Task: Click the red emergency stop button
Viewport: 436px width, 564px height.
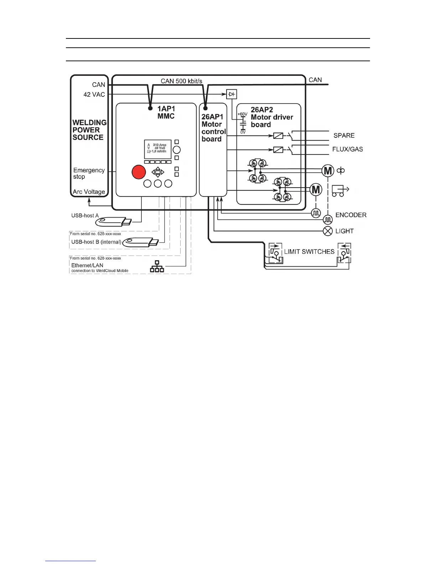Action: pos(139,172)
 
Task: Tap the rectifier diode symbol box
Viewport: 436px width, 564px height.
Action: pos(232,94)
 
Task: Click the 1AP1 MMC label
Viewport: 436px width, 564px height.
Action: pos(166,113)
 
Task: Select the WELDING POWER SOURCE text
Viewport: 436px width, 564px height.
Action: pos(89,130)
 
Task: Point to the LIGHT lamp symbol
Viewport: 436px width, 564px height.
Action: pos(328,231)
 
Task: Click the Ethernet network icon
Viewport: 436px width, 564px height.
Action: pos(157,266)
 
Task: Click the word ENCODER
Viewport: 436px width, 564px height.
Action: pos(351,215)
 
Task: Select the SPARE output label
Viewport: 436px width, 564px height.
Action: pos(344,136)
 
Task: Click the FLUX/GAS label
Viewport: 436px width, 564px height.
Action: pos(347,149)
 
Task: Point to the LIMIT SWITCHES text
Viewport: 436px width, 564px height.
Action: pos(309,252)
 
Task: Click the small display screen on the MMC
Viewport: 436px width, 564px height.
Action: pos(157,150)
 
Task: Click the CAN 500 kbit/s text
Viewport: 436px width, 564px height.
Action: pos(181,81)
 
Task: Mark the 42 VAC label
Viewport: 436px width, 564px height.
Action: pos(94,95)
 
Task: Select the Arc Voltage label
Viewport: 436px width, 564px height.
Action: pos(89,192)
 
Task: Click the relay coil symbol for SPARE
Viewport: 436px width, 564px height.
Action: pos(278,136)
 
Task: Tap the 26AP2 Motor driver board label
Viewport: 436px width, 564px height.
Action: pos(271,117)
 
